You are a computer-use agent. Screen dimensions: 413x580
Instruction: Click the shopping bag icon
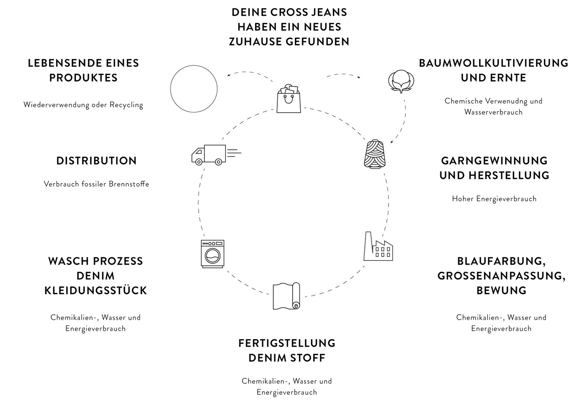(x=289, y=99)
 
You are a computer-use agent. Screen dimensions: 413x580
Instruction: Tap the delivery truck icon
(x=212, y=155)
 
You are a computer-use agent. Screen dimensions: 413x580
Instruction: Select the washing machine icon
(x=212, y=254)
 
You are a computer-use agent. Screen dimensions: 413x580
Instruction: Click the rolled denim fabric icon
(x=287, y=296)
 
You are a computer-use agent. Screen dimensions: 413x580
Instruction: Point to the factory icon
(x=378, y=246)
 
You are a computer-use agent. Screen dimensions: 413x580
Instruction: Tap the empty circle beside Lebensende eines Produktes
(x=194, y=89)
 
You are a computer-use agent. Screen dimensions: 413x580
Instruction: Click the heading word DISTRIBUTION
(x=96, y=161)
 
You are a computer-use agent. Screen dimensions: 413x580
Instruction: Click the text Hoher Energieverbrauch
(x=494, y=199)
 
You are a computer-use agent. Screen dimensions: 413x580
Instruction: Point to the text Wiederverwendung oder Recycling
(x=83, y=105)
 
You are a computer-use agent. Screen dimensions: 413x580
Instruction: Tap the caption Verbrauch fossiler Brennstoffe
(x=96, y=184)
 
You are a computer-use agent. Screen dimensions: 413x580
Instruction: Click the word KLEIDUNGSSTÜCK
(x=96, y=291)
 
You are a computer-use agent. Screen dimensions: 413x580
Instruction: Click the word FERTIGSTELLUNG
(x=287, y=343)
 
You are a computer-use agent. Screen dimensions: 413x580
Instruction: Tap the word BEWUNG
(x=501, y=291)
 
